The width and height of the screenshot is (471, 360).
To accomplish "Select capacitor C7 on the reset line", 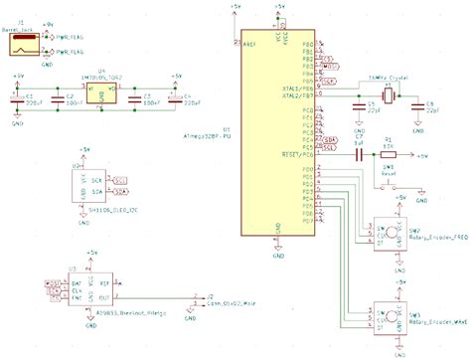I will coord(356,155).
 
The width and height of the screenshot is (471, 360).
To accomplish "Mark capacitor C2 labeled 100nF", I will coord(66,98).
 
